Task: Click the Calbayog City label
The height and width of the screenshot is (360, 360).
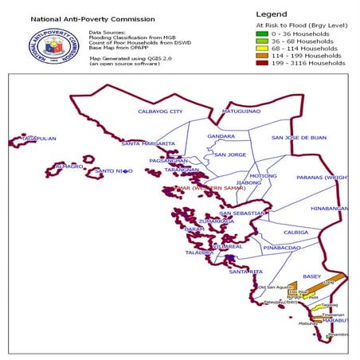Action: coord(160,112)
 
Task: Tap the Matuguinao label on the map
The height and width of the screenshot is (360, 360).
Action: coord(241,112)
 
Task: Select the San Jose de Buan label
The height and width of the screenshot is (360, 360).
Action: coord(299,138)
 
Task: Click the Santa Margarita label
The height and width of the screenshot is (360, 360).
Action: coord(148,143)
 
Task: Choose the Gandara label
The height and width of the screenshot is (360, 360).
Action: coord(221,136)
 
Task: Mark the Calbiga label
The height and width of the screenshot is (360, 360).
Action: coord(295,233)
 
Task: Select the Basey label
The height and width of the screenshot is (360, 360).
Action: coord(311,276)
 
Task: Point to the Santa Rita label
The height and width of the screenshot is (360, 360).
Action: coord(245,272)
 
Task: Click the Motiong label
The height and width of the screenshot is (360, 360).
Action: coord(263,175)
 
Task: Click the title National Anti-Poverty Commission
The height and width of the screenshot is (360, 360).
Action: coord(82,17)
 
